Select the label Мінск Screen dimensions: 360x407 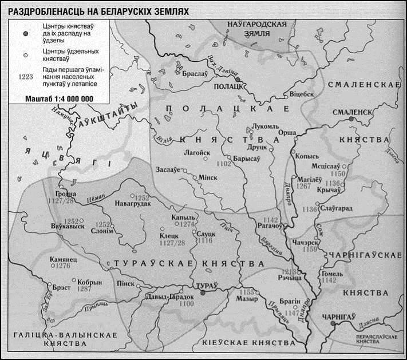tap(208, 177)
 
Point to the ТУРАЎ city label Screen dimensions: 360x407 tap(203, 284)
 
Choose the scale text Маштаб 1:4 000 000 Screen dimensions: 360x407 tap(59, 98)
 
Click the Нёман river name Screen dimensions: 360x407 tap(96, 197)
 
